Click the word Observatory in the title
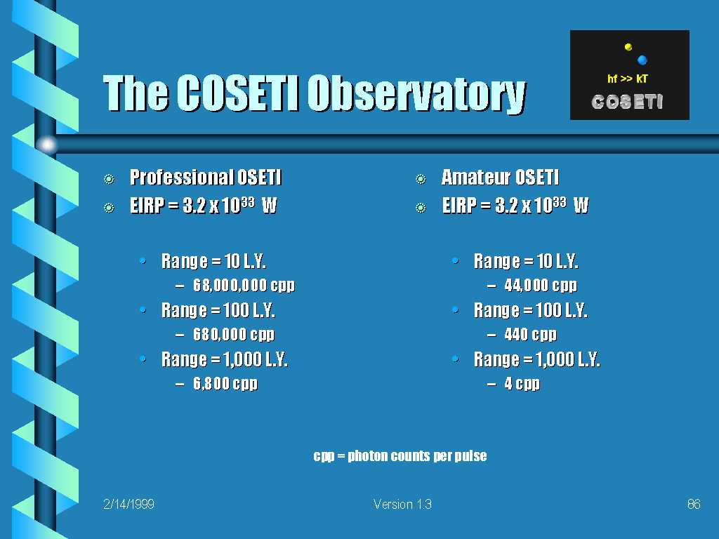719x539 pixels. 416,94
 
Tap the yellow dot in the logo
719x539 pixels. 628,47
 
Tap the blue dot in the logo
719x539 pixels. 642,60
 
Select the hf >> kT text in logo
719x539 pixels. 627,79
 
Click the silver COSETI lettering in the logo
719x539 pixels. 627,102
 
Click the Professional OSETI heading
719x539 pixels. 206,178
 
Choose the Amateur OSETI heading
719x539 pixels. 500,178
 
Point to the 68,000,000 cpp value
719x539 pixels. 244,286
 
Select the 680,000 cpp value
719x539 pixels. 234,335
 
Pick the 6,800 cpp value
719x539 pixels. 225,384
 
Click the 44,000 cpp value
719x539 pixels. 541,286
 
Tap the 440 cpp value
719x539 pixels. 531,335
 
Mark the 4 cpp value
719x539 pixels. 522,384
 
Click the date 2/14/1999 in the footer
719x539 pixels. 129,504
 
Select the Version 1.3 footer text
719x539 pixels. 402,504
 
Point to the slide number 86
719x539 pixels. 694,504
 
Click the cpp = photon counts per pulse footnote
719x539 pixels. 400,456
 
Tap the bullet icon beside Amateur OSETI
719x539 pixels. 421,179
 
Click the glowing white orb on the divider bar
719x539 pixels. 47,145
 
